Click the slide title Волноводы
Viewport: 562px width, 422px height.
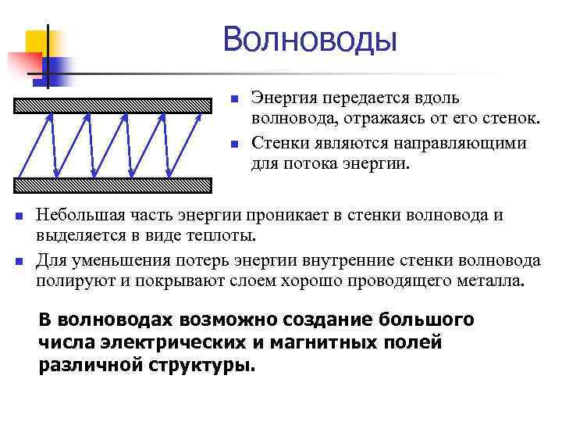[310, 39]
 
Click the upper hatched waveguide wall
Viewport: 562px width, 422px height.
[113, 103]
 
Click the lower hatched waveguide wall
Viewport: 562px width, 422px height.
[113, 184]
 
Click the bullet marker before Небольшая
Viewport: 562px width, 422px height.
[20, 216]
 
